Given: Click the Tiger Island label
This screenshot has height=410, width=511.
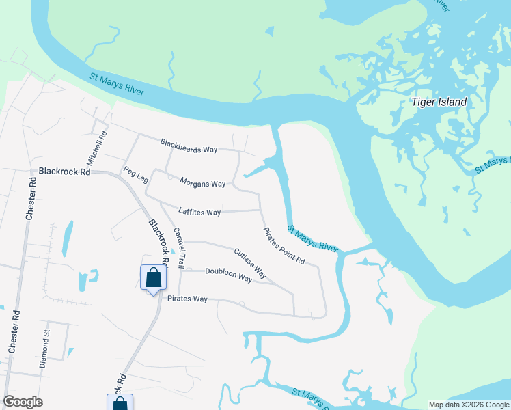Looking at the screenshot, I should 439,102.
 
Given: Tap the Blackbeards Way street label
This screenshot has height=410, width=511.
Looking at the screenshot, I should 188,146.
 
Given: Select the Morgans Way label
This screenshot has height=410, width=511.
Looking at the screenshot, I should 202,183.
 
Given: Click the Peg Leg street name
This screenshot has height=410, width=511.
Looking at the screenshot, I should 135,174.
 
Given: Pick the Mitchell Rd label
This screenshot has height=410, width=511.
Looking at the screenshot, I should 96,148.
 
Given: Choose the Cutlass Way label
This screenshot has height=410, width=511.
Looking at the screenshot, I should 249,263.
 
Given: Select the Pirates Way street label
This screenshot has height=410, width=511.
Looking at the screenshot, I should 187,299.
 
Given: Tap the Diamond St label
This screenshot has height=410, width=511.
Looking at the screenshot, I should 46,349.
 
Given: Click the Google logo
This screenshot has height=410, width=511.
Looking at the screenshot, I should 23,402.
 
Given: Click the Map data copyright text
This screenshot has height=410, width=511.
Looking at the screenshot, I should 468,405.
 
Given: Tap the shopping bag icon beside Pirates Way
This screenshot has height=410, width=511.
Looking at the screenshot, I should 153,278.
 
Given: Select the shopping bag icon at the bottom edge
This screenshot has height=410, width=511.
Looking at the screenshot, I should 120,404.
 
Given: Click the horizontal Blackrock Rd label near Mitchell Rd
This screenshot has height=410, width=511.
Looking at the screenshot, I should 65,172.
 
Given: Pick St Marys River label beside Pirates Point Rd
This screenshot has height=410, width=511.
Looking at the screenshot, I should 313,238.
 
